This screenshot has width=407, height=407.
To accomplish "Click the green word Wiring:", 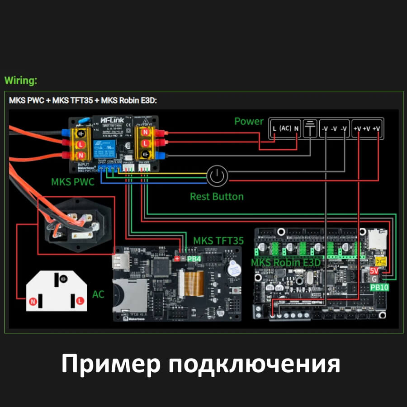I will point(21,81).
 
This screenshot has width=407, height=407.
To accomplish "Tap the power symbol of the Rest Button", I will point(218,176).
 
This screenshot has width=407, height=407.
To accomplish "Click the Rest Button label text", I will point(217,197).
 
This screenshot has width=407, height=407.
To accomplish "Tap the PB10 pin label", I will point(379,287).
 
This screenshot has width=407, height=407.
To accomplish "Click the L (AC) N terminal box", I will point(285,128).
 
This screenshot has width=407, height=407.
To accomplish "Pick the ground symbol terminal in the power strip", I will point(310,128).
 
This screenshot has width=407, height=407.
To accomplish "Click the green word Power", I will point(249,121).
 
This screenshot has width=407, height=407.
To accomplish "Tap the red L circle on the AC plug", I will point(79,300).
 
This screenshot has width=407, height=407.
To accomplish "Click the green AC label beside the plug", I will point(98,294).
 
